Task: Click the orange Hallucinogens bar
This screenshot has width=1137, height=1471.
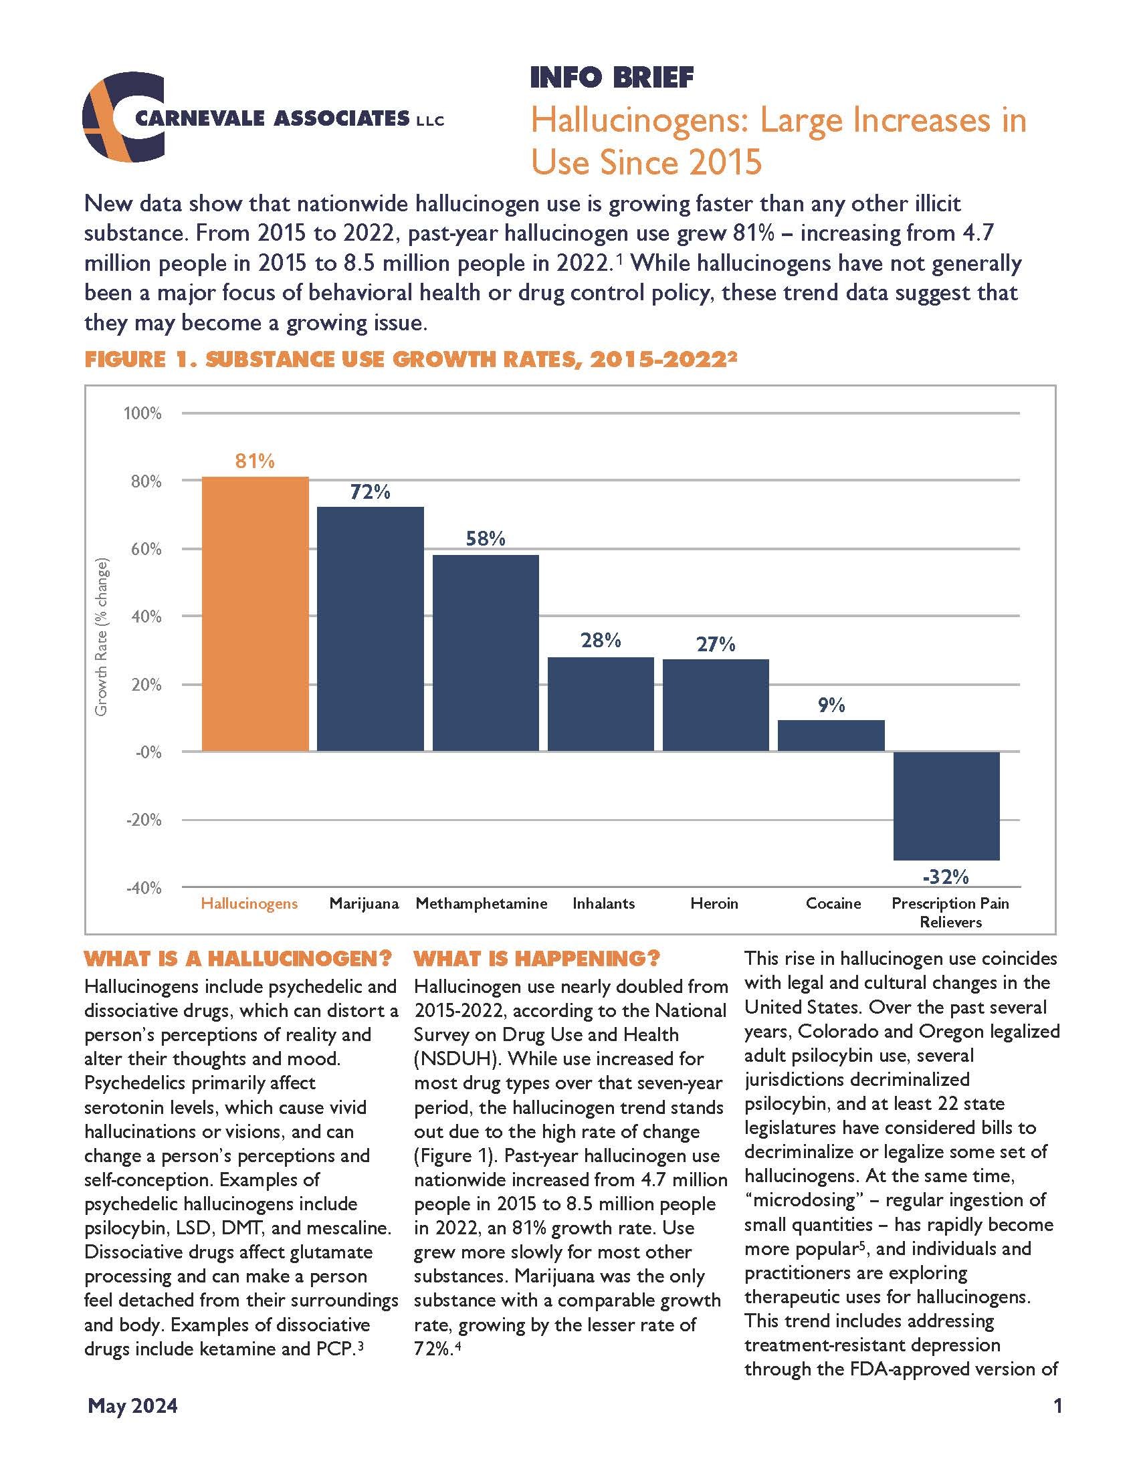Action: point(255,614)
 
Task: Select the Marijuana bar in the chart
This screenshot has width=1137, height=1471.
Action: point(371,629)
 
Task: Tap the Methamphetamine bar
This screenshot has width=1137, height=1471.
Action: point(486,653)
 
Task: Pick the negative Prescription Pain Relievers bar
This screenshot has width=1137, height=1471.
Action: point(946,806)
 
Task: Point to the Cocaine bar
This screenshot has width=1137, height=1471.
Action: point(831,735)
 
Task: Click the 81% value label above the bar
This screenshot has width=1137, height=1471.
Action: point(255,461)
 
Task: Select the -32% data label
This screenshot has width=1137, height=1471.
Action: point(946,877)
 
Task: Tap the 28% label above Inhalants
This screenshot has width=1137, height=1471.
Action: point(601,640)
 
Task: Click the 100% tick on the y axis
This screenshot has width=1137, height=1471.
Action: point(142,413)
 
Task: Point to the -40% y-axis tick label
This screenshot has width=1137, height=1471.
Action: point(144,888)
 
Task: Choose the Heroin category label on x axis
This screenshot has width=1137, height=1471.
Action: point(714,903)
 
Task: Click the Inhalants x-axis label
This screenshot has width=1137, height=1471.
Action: point(603,903)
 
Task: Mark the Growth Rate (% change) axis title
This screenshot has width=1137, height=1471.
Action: point(101,637)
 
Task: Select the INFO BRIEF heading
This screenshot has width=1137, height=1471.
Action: point(611,78)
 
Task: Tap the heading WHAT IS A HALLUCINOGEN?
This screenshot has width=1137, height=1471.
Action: point(238,957)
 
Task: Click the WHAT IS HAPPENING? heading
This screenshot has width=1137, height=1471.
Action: point(537,957)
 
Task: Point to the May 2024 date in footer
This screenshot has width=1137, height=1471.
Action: point(132,1405)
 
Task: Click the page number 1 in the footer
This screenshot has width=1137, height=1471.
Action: point(1057,1405)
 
